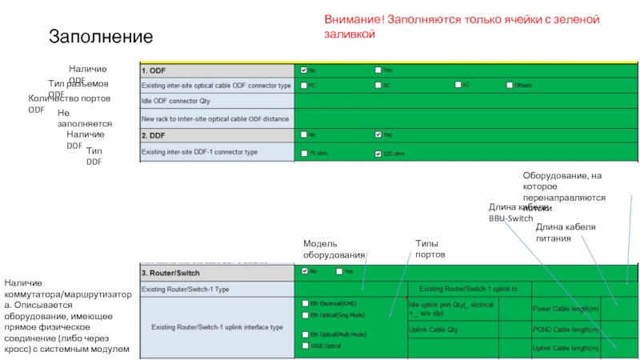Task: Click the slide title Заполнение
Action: coord(100,36)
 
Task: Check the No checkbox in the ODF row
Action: coord(303,70)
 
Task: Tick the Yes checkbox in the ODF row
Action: coord(378,70)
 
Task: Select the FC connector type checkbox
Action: coord(303,85)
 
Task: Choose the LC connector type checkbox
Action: coord(458,85)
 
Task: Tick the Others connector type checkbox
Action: coord(508,85)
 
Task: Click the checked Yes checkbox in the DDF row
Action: coord(378,134)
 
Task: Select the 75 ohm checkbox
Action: coord(303,152)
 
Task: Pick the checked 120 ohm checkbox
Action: coord(378,152)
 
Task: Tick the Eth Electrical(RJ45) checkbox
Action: coord(304,304)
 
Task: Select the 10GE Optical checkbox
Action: coord(304,346)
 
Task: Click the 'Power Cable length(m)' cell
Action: coord(566,308)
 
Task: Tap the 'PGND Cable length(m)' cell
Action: coord(566,329)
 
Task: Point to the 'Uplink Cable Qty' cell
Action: coord(433,329)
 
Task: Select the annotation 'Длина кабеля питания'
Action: coord(565,232)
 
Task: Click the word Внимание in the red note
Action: coord(350,19)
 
